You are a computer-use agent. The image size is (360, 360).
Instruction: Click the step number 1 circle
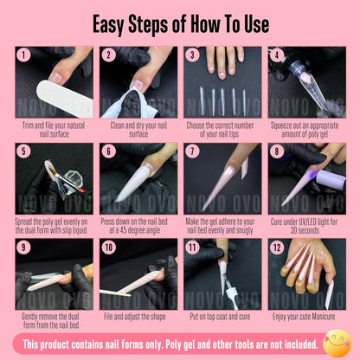[x=23, y=55]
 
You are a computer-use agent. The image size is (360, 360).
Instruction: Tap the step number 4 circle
[x=277, y=55]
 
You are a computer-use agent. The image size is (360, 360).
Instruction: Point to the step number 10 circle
[x=108, y=247]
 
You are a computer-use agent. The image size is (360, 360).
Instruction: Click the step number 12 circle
[x=277, y=247]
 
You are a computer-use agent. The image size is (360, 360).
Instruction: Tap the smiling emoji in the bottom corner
[x=337, y=343]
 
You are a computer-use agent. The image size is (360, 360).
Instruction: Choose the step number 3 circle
[x=193, y=55]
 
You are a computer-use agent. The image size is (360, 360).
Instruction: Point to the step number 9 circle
[x=23, y=247]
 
